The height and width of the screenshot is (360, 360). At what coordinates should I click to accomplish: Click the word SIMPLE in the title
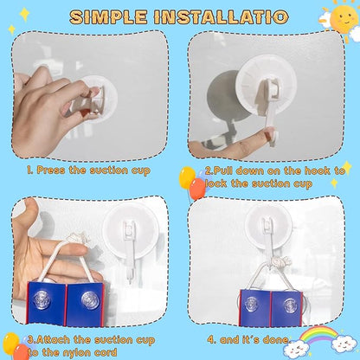click(x=108, y=16)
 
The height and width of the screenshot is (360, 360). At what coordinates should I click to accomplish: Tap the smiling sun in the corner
click(x=344, y=16)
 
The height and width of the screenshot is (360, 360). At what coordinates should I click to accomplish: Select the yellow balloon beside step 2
click(x=187, y=177)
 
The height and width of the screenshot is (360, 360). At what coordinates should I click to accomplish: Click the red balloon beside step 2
click(x=197, y=189)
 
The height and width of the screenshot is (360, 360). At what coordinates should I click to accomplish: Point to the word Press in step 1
click(x=51, y=170)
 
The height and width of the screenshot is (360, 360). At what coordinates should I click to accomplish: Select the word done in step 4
click(x=276, y=340)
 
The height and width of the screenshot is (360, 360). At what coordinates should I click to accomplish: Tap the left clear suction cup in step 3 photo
click(x=42, y=299)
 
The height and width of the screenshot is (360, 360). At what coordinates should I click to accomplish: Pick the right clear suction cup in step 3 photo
click(x=91, y=300)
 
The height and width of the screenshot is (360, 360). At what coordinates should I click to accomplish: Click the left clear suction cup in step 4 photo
click(x=252, y=305)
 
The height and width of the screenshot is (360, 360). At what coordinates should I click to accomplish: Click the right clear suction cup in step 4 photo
click(x=289, y=305)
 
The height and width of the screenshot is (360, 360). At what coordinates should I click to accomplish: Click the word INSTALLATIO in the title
click(x=221, y=16)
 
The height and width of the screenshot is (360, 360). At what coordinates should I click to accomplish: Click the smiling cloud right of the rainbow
click(x=344, y=344)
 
